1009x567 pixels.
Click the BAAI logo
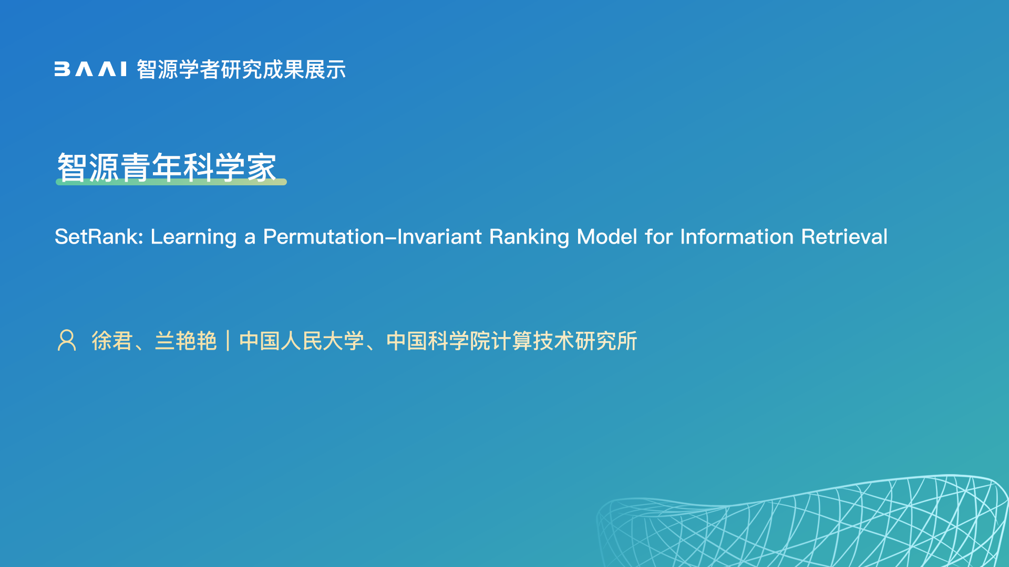coord(90,69)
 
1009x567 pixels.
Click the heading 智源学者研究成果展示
coord(241,69)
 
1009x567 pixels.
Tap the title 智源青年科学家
coord(167,167)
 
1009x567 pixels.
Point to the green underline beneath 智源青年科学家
coord(171,182)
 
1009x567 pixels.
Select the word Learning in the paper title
coord(193,237)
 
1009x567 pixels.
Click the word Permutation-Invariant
coord(373,237)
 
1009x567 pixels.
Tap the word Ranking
coord(529,237)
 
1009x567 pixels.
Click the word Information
coord(737,237)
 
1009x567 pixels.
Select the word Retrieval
coord(845,237)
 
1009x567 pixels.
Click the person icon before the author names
coord(67,340)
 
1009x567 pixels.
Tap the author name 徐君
coord(112,341)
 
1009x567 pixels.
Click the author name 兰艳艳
coord(186,341)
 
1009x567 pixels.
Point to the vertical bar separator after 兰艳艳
coord(228,341)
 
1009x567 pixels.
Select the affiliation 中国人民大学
coord(302,341)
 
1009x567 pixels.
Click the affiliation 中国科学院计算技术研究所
coord(512,341)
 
